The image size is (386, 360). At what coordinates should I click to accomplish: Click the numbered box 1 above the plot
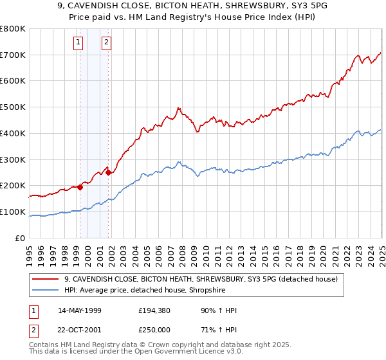click(x=78, y=43)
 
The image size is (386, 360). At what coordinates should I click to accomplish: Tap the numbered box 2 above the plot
click(x=106, y=43)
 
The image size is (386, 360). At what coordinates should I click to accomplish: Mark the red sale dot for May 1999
click(x=80, y=187)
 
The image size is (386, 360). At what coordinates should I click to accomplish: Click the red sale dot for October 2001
click(x=109, y=172)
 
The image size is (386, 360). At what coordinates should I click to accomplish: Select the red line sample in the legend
click(x=46, y=280)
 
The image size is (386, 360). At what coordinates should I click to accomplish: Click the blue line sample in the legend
click(x=46, y=291)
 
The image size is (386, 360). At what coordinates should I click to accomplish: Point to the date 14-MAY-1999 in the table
click(x=80, y=311)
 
